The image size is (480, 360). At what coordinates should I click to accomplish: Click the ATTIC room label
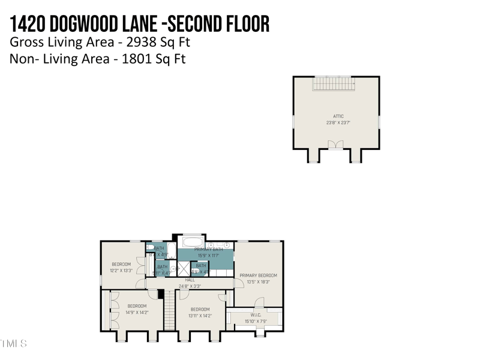tap(338, 116)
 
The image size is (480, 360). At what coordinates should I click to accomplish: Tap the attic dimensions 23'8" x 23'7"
tap(338, 122)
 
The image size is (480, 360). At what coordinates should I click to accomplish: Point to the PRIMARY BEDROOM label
tap(259, 275)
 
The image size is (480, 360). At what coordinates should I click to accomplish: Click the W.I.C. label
tap(256, 315)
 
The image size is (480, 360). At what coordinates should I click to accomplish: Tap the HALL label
tap(190, 280)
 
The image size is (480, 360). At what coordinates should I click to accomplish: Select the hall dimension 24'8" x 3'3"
tap(190, 286)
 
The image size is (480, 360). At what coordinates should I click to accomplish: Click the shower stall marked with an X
tap(183, 268)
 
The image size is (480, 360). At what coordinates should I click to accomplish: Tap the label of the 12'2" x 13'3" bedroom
tap(121, 264)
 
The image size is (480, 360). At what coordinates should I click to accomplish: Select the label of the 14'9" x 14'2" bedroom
tap(137, 306)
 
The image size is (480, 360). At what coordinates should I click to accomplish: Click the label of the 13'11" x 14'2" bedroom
tap(200, 310)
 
